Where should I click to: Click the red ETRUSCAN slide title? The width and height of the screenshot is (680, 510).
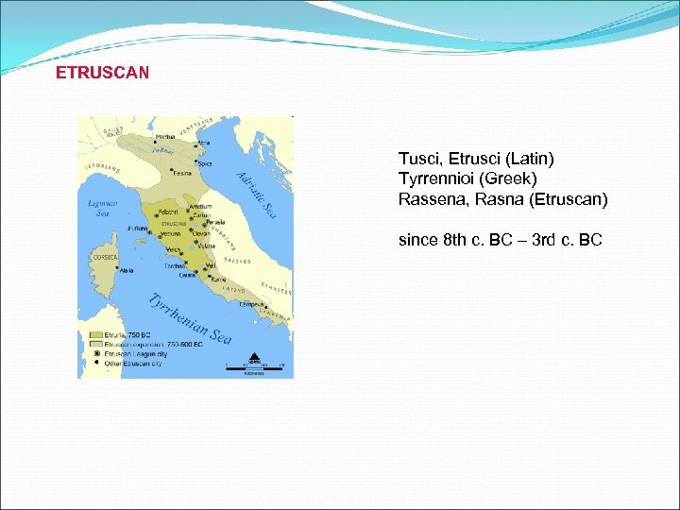tap(102, 73)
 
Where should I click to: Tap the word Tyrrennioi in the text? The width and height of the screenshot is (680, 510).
tap(433, 178)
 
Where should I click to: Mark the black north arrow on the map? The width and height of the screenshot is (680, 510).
tap(252, 354)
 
